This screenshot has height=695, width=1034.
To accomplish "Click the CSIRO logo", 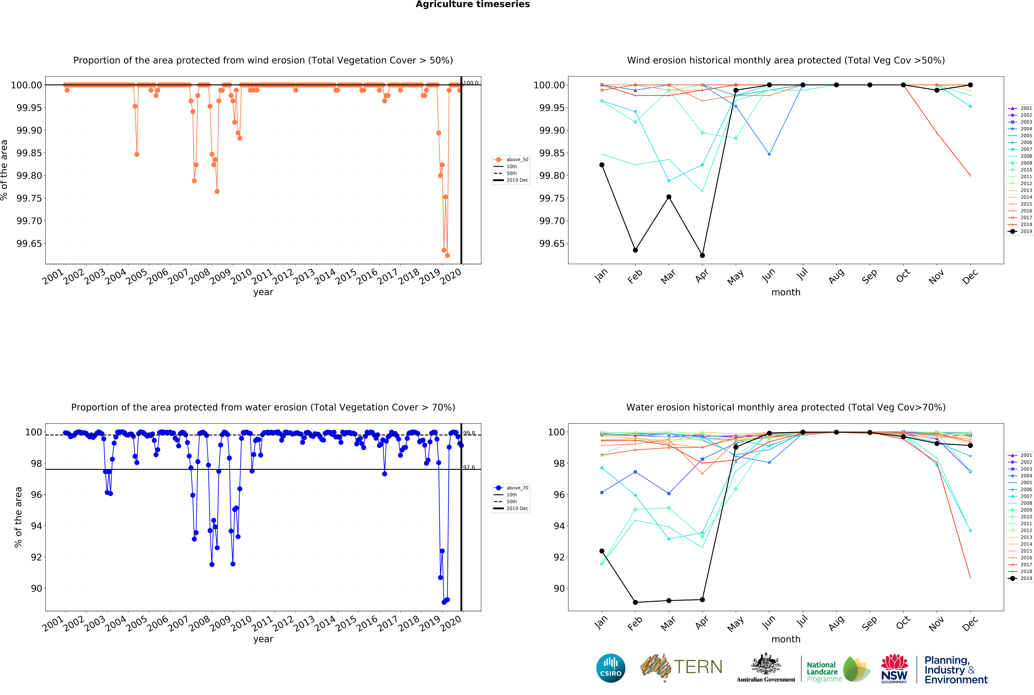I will point(611,668).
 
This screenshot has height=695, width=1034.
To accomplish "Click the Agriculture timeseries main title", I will point(473,4).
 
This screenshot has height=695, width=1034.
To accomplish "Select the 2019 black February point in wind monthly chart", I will point(635,250).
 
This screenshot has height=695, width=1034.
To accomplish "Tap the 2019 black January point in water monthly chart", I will point(602,551).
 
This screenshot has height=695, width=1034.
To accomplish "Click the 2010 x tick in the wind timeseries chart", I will point(242,277).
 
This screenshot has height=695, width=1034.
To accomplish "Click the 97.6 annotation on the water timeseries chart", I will point(469,467).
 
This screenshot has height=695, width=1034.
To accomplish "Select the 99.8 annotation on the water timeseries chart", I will point(469,433).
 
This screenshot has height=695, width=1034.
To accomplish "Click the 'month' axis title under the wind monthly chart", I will point(786,292).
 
